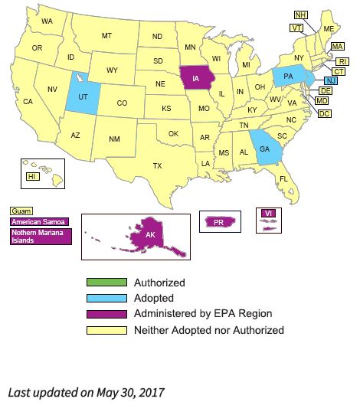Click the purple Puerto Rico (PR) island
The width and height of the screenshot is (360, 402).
[x=218, y=222]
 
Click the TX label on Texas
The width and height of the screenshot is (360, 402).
[x=157, y=166]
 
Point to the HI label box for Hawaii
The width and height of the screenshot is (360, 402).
[x=32, y=177]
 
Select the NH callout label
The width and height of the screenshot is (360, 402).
[x=301, y=15]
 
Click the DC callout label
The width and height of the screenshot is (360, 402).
[x=325, y=113]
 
